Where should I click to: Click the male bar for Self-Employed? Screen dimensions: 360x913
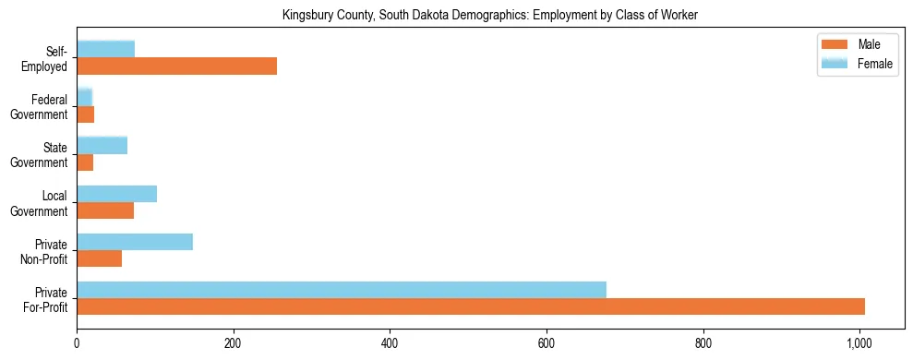click(x=176, y=66)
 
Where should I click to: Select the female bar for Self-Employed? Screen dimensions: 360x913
click(x=105, y=49)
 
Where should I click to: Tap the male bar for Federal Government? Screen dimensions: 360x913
click(x=85, y=114)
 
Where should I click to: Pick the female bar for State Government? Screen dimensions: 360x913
click(x=102, y=145)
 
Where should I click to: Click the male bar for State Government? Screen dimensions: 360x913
click(x=85, y=162)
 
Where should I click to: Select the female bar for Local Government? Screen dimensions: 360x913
click(x=116, y=194)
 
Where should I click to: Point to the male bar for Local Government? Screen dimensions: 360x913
click(x=105, y=210)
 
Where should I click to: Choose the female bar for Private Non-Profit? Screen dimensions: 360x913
click(x=135, y=242)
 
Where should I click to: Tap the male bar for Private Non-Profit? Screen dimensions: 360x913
click(x=99, y=258)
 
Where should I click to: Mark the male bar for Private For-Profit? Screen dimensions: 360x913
click(x=471, y=306)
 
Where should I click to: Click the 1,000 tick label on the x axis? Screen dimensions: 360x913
click(x=859, y=343)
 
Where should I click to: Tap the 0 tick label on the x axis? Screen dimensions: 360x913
click(x=77, y=343)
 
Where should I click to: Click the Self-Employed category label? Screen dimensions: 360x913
click(x=50, y=58)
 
